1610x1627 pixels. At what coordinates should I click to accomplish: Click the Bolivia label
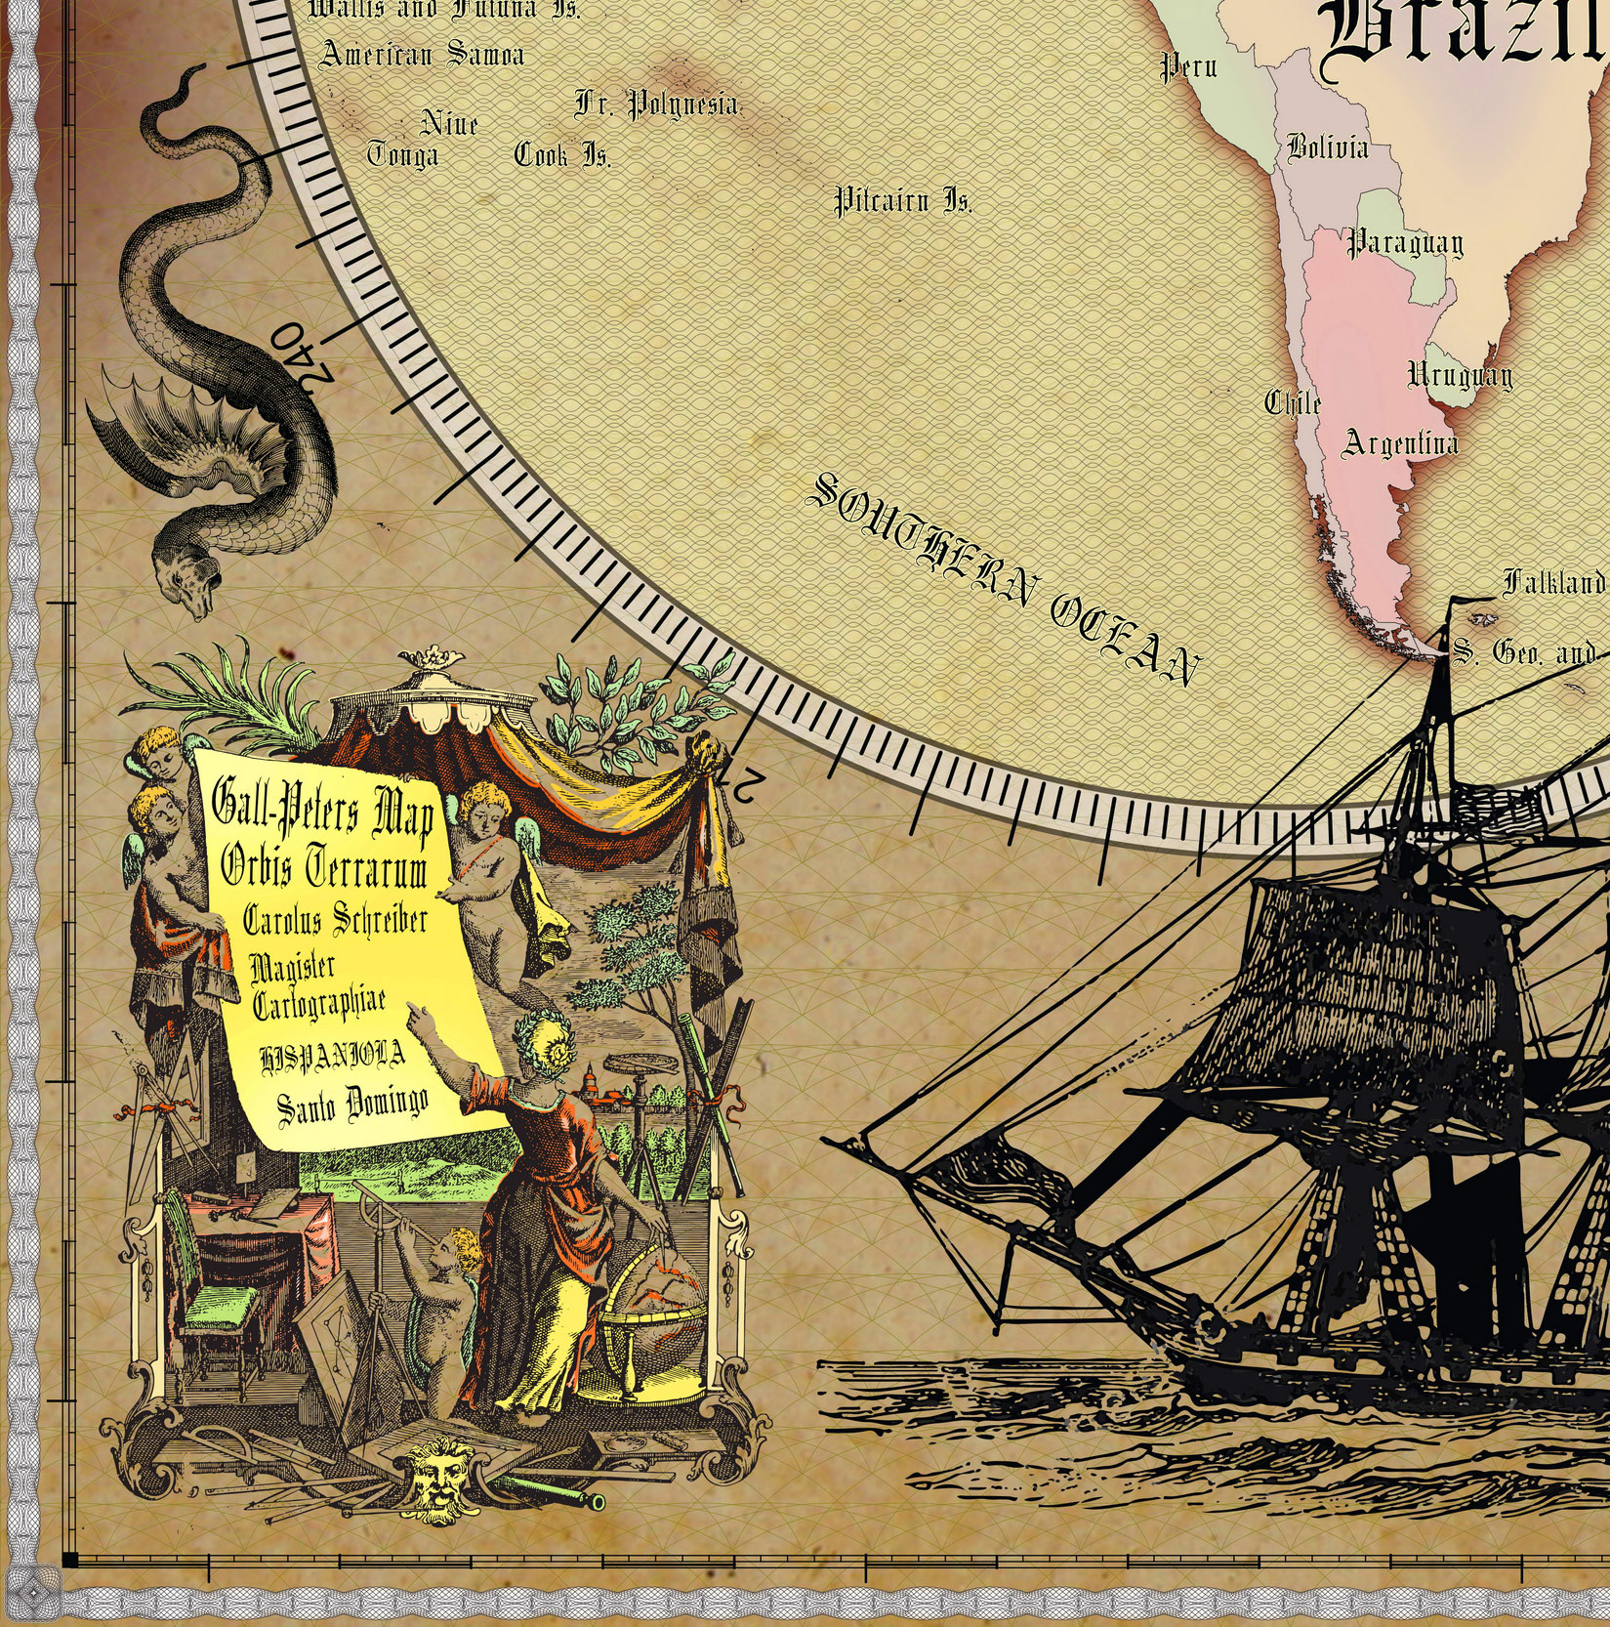pos(1327,148)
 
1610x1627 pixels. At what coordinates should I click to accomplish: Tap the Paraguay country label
pos(1405,243)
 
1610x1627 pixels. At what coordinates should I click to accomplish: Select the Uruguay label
pos(1460,376)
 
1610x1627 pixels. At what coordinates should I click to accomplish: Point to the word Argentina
pos(1400,444)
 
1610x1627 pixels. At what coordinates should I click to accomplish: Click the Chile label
pos(1293,402)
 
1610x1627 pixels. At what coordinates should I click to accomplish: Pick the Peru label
pos(1188,67)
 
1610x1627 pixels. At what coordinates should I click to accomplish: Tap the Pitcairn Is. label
pos(902,202)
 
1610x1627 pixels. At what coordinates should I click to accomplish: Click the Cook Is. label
pos(562,155)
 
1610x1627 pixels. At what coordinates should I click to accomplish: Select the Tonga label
pos(402,155)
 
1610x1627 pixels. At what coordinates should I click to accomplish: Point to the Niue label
pos(449,125)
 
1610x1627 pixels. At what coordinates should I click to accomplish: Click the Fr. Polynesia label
pos(656,104)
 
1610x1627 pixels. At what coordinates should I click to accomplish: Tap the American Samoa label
pos(422,55)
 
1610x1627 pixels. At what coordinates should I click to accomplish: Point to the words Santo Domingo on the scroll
pos(352,1104)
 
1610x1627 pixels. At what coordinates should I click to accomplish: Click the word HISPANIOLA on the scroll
pos(332,1057)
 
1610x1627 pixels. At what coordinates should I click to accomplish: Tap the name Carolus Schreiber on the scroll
pos(335,920)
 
